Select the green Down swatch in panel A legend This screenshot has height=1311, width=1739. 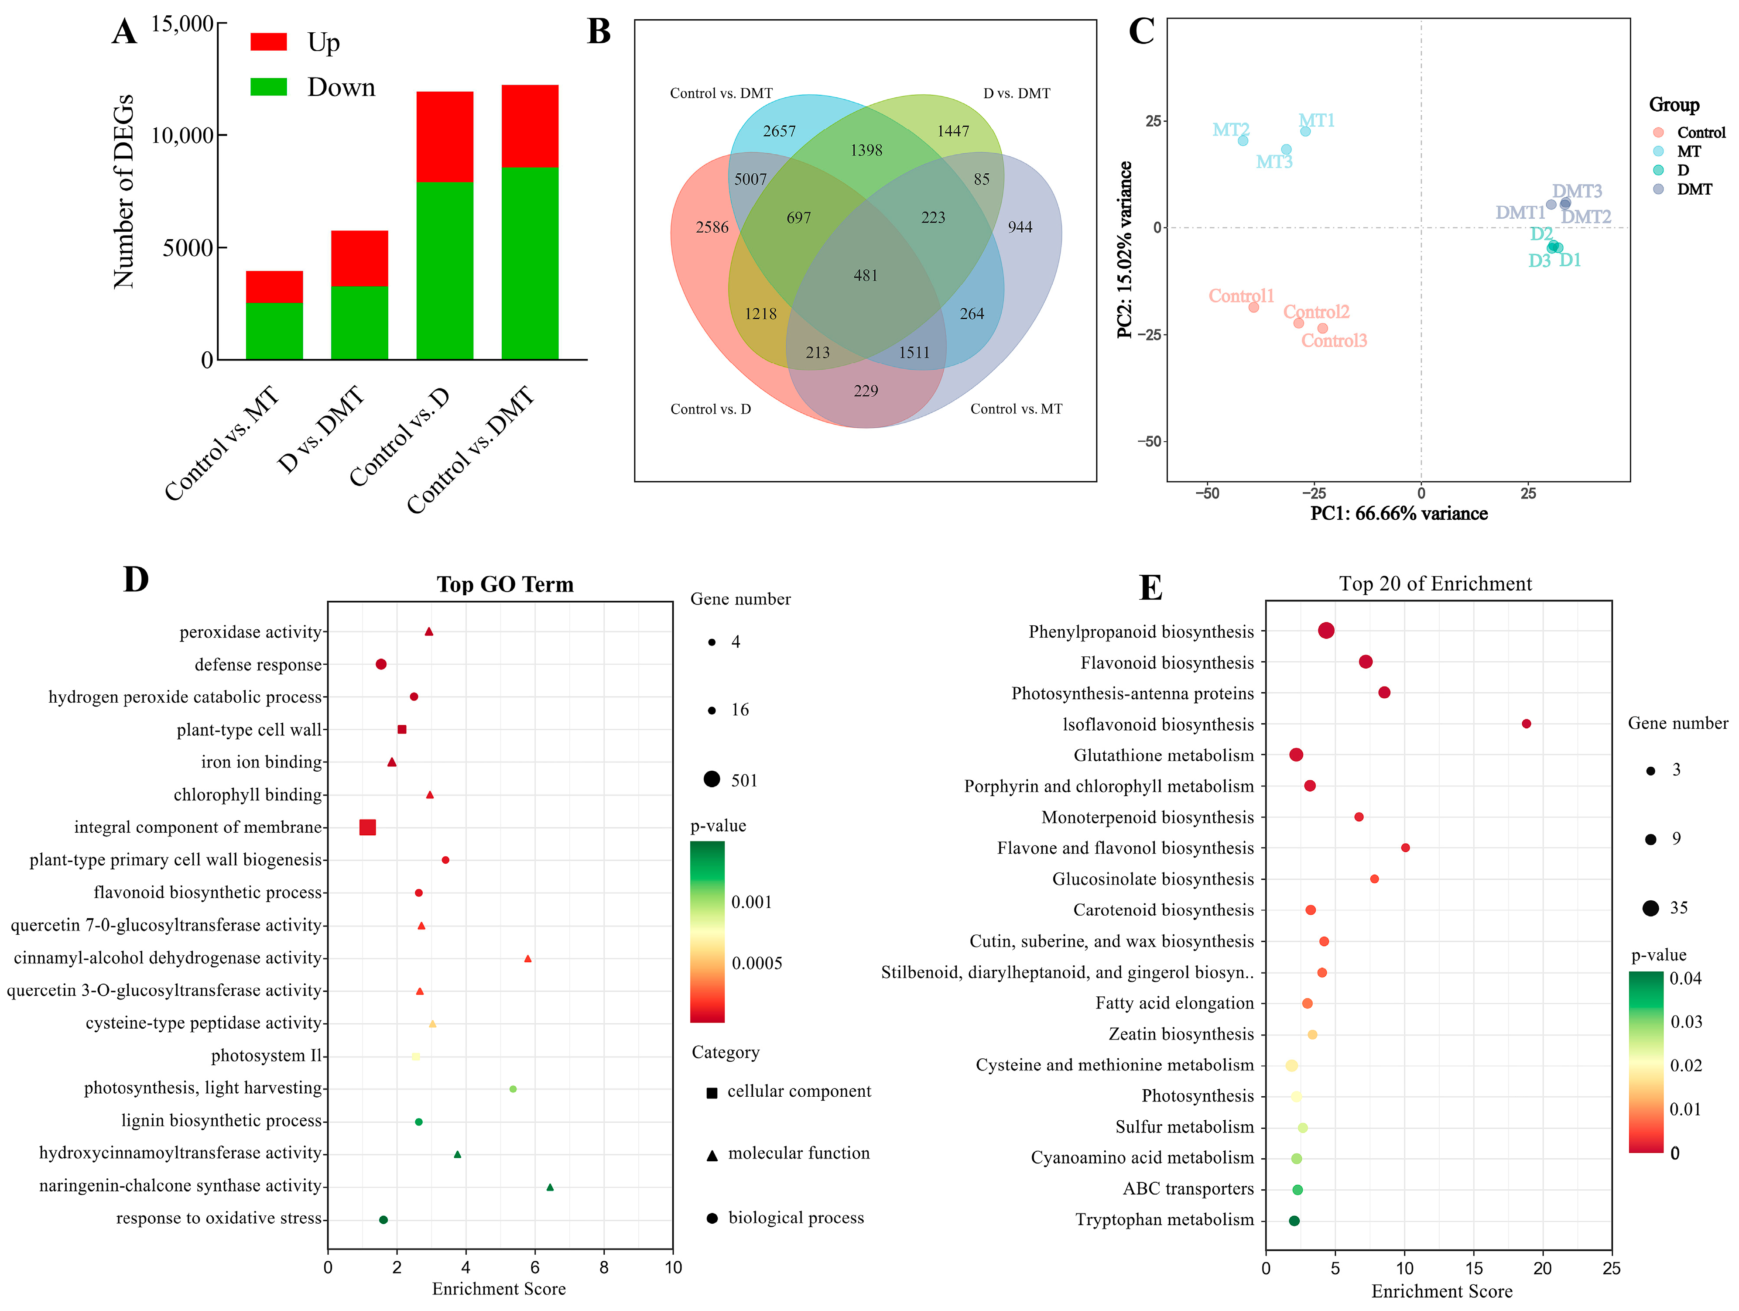pyautogui.click(x=269, y=86)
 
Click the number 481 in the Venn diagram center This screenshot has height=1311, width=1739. pyautogui.click(x=866, y=275)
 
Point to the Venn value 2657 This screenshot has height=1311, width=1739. pyautogui.click(x=779, y=131)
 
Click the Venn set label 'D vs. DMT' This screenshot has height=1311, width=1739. pyautogui.click(x=1017, y=93)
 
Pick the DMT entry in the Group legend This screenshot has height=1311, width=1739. pyautogui.click(x=1694, y=189)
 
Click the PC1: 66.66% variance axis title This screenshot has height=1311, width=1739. pyautogui.click(x=1399, y=514)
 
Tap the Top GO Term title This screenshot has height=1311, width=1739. pyautogui.click(x=506, y=584)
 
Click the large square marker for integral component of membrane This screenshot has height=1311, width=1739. pyautogui.click(x=367, y=827)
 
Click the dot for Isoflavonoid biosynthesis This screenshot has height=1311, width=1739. pyautogui.click(x=1526, y=724)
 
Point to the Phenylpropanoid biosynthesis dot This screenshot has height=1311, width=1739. pyautogui.click(x=1326, y=631)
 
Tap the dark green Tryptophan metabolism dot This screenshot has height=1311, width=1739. pyautogui.click(x=1294, y=1221)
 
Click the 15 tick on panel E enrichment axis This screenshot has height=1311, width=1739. pyautogui.click(x=1474, y=1269)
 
